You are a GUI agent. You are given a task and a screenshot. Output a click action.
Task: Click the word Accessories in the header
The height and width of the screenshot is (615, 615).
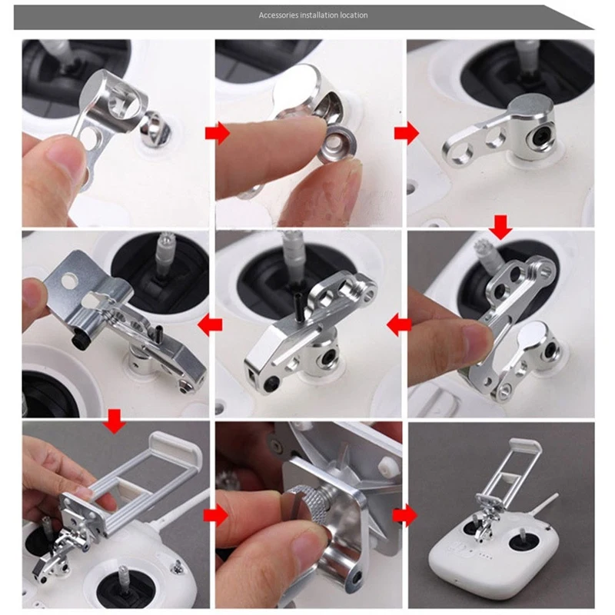[276, 15]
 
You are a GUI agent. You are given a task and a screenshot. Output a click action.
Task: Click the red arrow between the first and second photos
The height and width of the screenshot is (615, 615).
[218, 134]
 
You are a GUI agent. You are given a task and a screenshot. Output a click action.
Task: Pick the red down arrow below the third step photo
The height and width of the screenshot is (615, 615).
[501, 226]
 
